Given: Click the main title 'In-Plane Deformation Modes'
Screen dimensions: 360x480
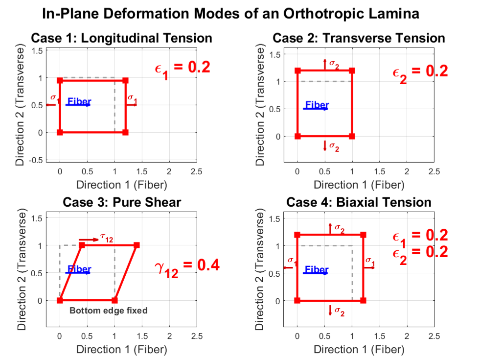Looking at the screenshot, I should (x=230, y=14).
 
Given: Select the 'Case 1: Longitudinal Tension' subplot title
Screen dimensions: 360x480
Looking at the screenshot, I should (x=121, y=38).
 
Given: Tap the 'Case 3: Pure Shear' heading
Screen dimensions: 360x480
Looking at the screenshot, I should (x=121, y=202).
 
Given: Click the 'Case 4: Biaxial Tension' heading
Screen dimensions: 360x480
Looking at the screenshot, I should (x=359, y=202).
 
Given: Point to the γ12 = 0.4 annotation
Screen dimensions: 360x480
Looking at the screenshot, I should (x=187, y=267).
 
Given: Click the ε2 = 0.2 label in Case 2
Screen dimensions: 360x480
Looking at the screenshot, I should (x=420, y=72).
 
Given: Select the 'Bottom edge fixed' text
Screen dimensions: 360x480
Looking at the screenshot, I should (x=108, y=311).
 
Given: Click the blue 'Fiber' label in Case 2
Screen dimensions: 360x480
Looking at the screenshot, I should (x=317, y=105).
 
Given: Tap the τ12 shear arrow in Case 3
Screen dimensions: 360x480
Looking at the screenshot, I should (x=89, y=240).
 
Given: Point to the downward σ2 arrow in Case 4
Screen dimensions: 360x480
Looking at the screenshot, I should (x=330, y=310).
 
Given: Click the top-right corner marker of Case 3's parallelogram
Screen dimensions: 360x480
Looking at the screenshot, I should (x=137, y=245).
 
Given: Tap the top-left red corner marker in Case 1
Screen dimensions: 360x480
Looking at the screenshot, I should (x=60, y=80).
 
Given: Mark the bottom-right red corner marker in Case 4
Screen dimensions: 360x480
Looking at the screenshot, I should (x=363, y=300).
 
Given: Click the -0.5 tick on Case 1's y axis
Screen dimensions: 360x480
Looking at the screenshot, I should (x=36, y=160).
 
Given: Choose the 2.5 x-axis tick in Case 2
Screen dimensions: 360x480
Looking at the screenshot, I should (x=434, y=171).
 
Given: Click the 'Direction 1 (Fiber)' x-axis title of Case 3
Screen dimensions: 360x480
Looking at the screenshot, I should (x=121, y=350).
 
